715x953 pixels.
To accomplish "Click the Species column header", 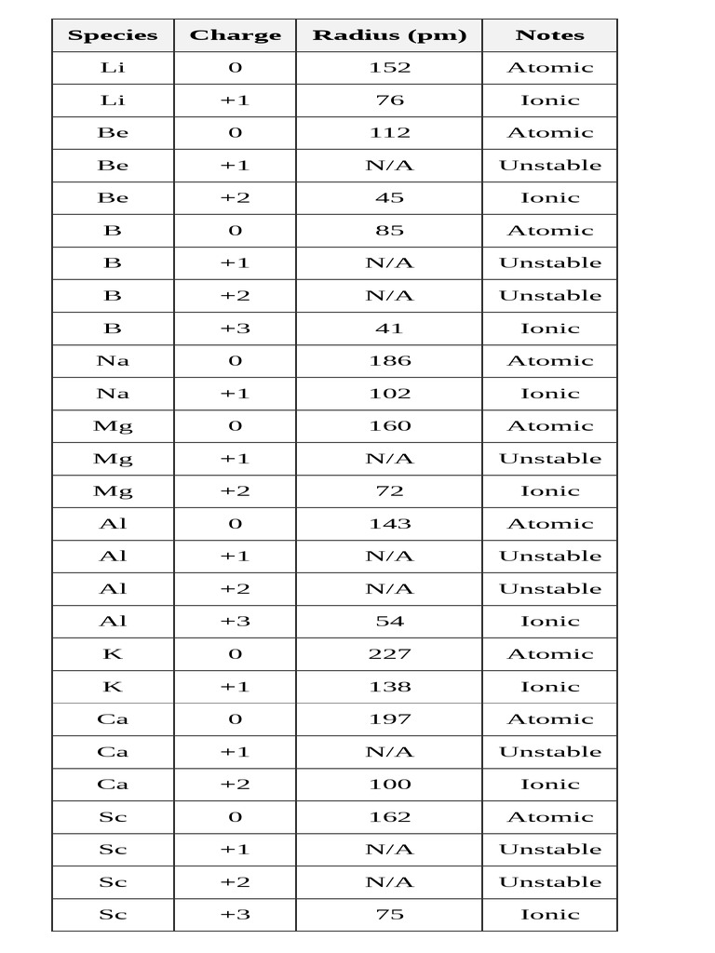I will pyautogui.click(x=113, y=35).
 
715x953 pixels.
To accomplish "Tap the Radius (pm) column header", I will pyautogui.click(x=389, y=35).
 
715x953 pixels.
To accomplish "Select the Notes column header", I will pyautogui.click(x=549, y=35).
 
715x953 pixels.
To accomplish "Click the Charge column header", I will pyautogui.click(x=235, y=35).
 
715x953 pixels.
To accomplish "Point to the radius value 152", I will pyautogui.click(x=389, y=67).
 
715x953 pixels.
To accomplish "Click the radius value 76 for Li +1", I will pyautogui.click(x=389, y=101).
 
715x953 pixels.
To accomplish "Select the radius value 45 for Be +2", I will pyautogui.click(x=389, y=197).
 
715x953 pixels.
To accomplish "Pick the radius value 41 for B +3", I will pyautogui.click(x=389, y=328).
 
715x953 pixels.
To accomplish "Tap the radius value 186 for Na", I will pyautogui.click(x=389, y=360).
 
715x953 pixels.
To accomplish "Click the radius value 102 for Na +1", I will pyautogui.click(x=389, y=393).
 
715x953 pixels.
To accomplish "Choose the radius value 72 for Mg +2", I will pyautogui.click(x=389, y=490).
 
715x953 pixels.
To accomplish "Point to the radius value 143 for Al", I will pyautogui.click(x=389, y=523).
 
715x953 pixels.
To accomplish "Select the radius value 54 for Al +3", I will pyautogui.click(x=389, y=621).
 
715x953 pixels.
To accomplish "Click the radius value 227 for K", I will pyautogui.click(x=389, y=653).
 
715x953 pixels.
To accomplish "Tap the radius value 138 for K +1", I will pyautogui.click(x=389, y=686).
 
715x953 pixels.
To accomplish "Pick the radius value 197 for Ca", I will pyautogui.click(x=389, y=718).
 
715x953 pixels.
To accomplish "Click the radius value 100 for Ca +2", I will pyautogui.click(x=389, y=784).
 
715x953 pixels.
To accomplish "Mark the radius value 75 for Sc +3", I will pyautogui.click(x=389, y=914).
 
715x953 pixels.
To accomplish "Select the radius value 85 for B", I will pyautogui.click(x=389, y=230).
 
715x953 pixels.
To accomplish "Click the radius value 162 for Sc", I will pyautogui.click(x=389, y=816).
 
